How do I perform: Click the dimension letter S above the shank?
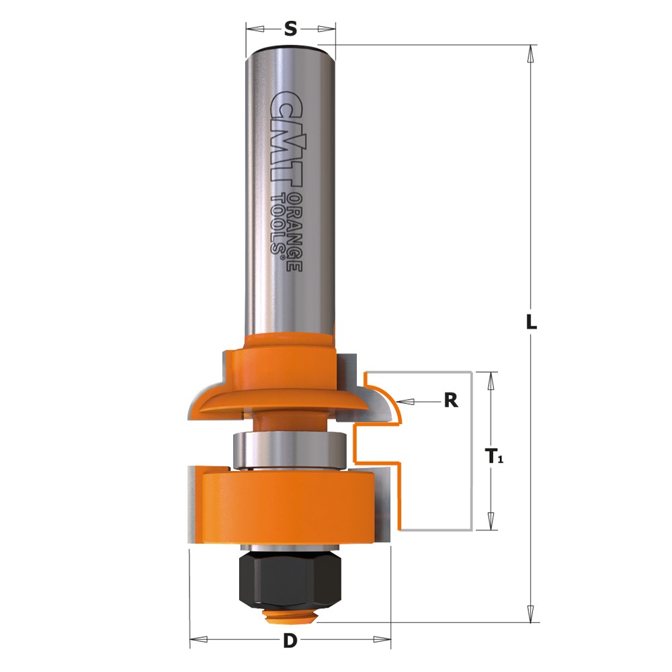click(x=290, y=29)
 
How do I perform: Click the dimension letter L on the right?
click(x=532, y=322)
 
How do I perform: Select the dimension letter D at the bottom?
click(x=290, y=641)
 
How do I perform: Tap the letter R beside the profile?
click(x=451, y=401)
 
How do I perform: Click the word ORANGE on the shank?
click(x=294, y=232)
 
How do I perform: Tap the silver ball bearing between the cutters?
click(x=290, y=452)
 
